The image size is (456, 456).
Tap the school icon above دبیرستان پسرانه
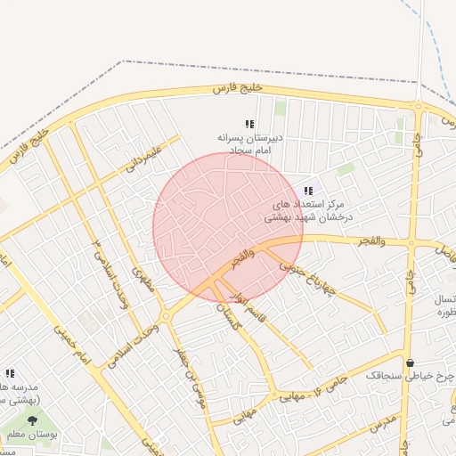[250, 124]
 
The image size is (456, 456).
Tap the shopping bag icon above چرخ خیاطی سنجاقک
[410, 362]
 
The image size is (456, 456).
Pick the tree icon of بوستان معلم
[33, 420]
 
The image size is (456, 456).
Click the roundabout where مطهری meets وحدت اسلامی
[166, 316]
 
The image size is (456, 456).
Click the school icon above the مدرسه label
[10, 373]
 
